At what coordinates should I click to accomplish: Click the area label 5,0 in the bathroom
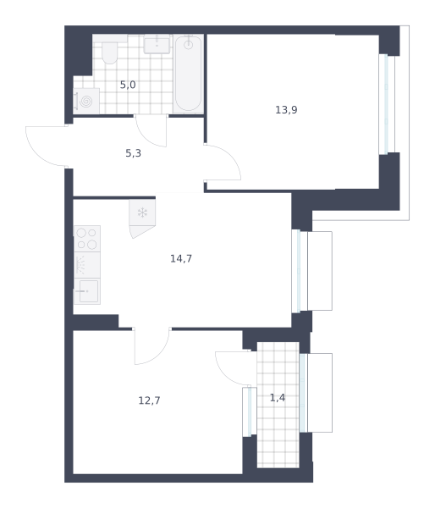[x=128, y=85]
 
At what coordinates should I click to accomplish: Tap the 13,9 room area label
[x=286, y=110]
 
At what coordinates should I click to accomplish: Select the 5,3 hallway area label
[x=133, y=153]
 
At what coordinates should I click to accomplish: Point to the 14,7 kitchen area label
[x=181, y=258]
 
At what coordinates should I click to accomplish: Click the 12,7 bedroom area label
[x=149, y=400]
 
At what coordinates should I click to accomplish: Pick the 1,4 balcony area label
[x=278, y=398]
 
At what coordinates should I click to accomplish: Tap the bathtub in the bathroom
[x=188, y=74]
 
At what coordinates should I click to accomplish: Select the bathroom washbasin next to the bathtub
[x=157, y=44]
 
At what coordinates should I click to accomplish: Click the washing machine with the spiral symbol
[x=86, y=101]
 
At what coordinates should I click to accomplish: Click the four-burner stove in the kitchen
[x=87, y=239]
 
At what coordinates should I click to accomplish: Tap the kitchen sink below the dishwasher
[x=87, y=291]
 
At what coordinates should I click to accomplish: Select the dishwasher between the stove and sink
[x=87, y=265]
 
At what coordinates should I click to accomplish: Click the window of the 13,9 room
[x=387, y=104]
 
